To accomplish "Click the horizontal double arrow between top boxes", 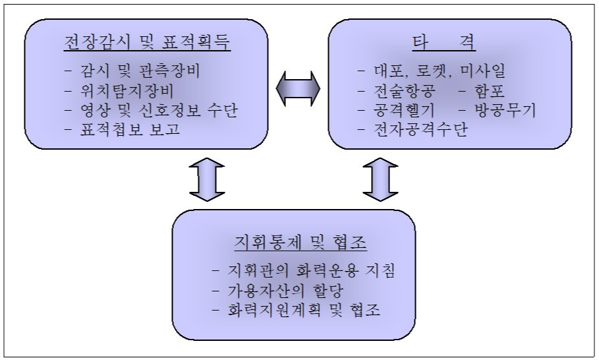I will coord(298,86).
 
